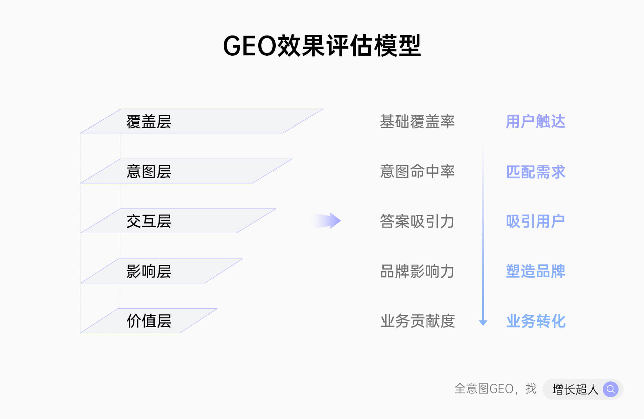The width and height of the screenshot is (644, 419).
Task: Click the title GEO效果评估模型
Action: (x=322, y=46)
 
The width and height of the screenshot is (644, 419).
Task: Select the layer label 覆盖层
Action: (x=149, y=121)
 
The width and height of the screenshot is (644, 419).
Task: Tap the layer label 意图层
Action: (x=149, y=171)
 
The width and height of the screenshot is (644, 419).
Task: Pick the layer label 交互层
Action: (x=149, y=221)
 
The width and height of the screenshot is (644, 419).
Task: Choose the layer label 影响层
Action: (x=149, y=271)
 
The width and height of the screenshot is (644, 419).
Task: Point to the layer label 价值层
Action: (x=149, y=321)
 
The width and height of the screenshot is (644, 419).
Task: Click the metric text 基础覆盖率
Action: (x=417, y=121)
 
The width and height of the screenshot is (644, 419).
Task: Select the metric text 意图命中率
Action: (x=417, y=171)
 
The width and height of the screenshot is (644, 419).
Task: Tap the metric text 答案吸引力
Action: (x=417, y=221)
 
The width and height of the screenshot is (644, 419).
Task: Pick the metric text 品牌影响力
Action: (x=417, y=271)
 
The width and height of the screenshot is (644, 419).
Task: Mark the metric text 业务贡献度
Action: (x=417, y=321)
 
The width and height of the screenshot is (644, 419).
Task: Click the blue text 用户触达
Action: (x=535, y=121)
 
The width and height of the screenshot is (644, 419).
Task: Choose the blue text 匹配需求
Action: (x=535, y=172)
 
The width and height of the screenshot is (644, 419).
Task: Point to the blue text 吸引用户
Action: (x=535, y=221)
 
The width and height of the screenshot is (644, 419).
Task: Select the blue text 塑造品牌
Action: (x=535, y=271)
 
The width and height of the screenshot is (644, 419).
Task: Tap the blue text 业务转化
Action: (x=536, y=321)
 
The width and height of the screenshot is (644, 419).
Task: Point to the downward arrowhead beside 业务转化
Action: (x=483, y=322)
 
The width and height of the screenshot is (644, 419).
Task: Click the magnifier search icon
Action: (x=610, y=389)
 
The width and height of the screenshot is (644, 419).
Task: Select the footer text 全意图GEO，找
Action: (x=495, y=389)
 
